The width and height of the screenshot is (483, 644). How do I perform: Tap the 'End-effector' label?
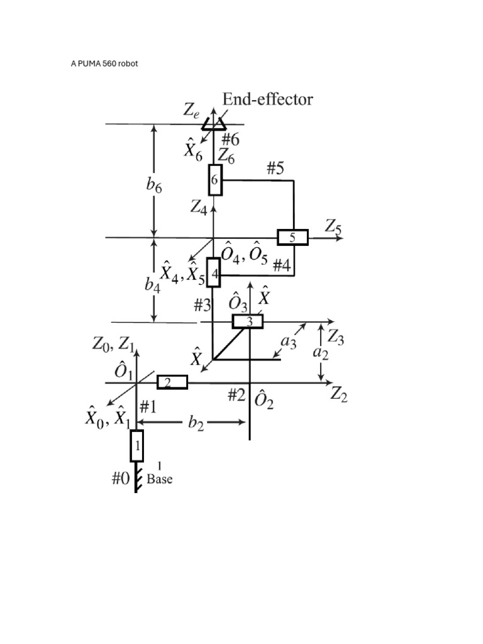pyautogui.click(x=268, y=99)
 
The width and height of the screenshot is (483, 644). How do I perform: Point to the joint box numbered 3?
pyautogui.click(x=247, y=321)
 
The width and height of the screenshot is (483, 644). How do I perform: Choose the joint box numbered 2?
pyautogui.click(x=172, y=382)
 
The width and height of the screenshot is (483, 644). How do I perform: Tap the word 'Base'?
pyautogui.click(x=160, y=479)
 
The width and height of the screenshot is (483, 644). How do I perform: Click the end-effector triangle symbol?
pyautogui.click(x=214, y=124)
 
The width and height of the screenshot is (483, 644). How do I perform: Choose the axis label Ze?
pyautogui.click(x=192, y=110)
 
